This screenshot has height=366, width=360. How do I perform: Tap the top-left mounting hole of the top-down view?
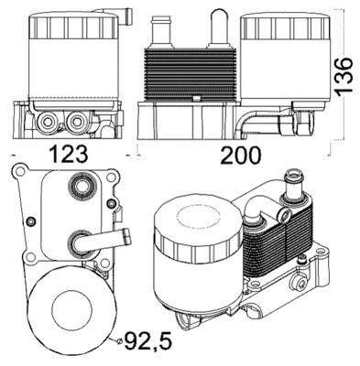click(x=19, y=173)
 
